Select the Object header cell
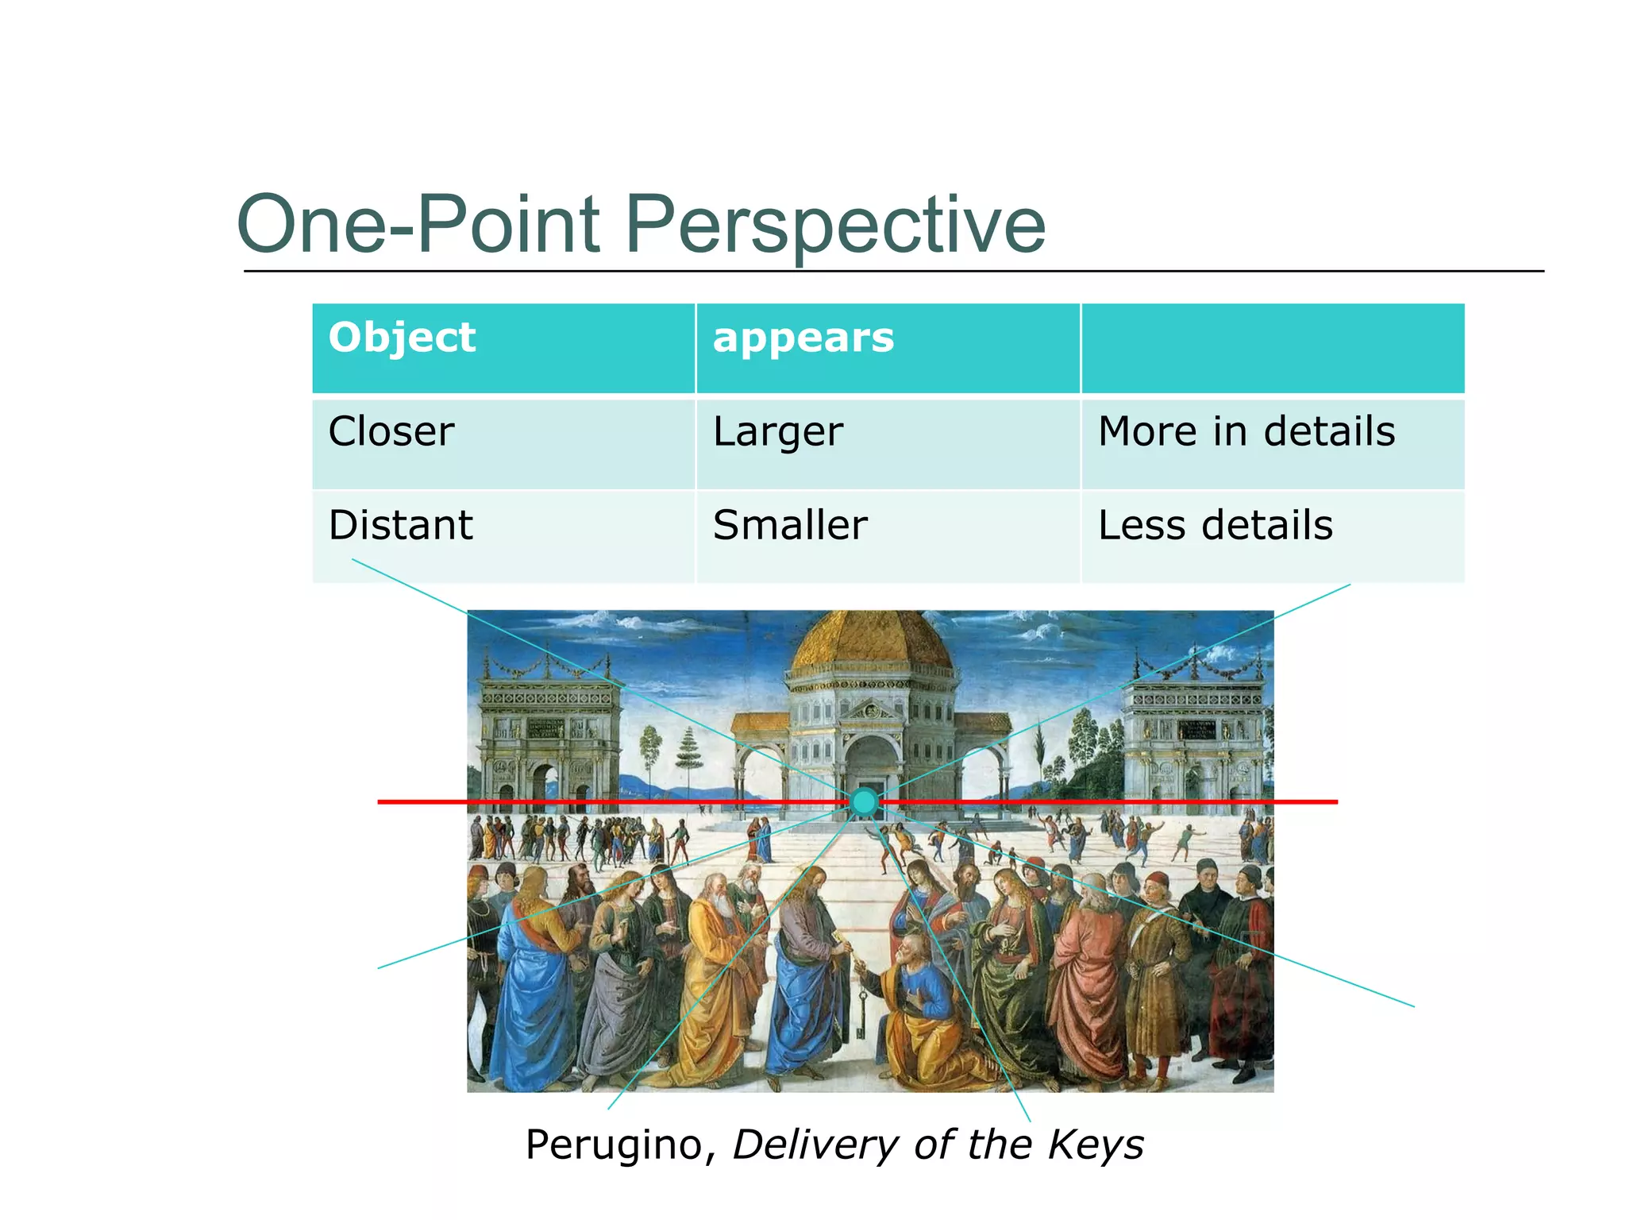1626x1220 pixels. coord(503,348)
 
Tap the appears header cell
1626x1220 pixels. coord(888,348)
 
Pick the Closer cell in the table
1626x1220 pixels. coord(503,443)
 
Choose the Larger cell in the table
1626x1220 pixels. coord(888,443)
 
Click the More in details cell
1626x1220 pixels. coord(1273,443)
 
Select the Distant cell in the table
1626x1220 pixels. coord(503,536)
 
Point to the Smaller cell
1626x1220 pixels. coord(888,536)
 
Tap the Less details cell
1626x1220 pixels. coord(1273,536)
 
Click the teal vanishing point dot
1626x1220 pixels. coord(864,802)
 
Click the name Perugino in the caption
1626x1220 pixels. coord(615,1145)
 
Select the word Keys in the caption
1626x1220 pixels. coord(1096,1145)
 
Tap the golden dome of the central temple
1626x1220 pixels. coord(872,643)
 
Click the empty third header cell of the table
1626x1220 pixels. coord(1273,348)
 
